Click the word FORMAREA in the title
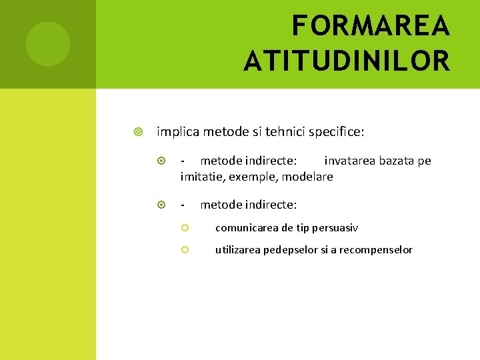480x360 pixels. click(371, 27)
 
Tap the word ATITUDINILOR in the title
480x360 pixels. click(347, 61)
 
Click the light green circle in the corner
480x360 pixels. click(48, 44)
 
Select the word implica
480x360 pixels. click(177, 131)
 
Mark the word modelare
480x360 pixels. click(307, 177)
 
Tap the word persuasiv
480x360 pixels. click(335, 228)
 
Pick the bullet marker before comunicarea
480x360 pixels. click(186, 228)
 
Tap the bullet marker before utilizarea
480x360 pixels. click(186, 250)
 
